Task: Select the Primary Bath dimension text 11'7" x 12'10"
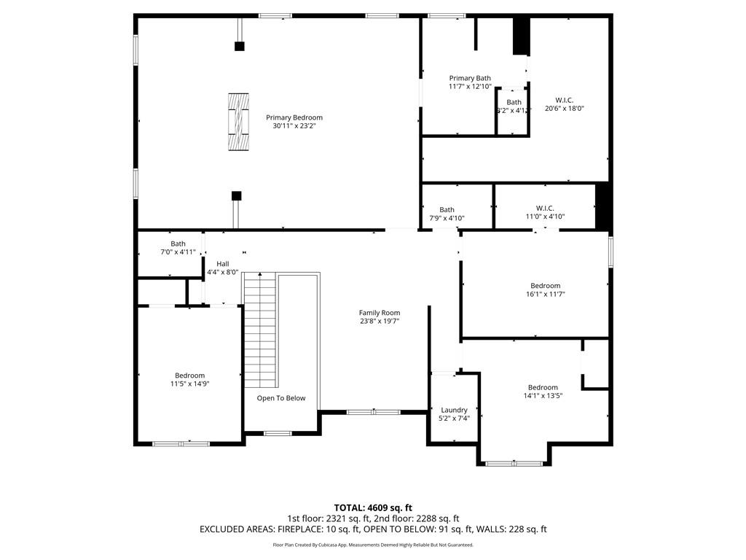pos(470,86)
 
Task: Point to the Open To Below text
pos(280,398)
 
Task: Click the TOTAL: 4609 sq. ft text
pos(373,507)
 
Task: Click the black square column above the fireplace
pos(239,47)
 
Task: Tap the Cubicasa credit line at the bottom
pos(373,545)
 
